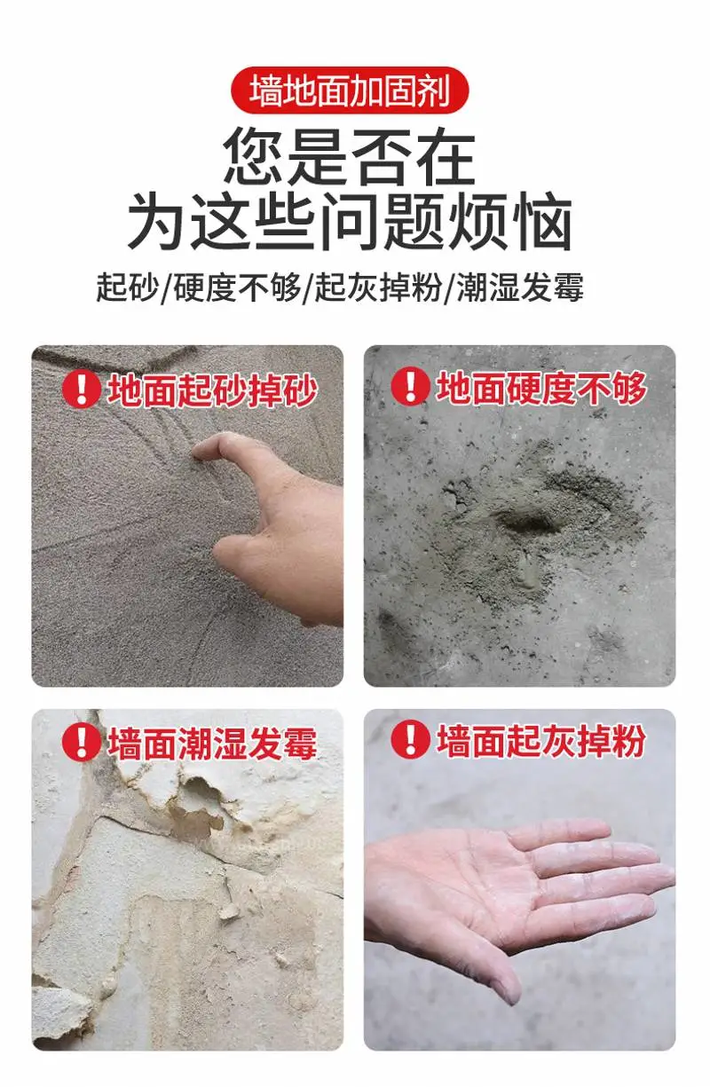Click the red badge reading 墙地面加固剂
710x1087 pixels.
350,91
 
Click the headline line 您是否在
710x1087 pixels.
349,156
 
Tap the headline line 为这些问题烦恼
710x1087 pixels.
350,221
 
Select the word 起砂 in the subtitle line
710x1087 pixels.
127,288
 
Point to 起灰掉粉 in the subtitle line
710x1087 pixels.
379,288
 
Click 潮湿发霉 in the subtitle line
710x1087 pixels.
520,288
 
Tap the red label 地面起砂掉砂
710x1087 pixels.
213,390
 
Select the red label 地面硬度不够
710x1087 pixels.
541,389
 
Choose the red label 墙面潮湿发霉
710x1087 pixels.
213,744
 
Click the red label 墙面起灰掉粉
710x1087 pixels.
541,741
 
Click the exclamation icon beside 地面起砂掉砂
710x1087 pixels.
82,389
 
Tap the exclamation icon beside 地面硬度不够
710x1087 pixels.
411,386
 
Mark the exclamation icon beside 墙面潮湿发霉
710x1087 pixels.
82,742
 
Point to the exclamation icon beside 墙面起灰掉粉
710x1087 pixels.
411,739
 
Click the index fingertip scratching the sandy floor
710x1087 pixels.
200,453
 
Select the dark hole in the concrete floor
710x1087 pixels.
525,523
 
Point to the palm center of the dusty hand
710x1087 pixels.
466,878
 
